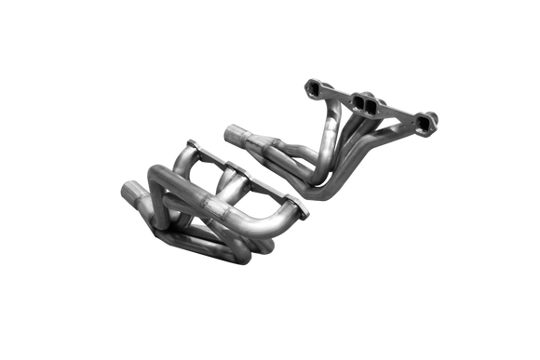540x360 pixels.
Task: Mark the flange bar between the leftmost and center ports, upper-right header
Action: coord(337,96)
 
